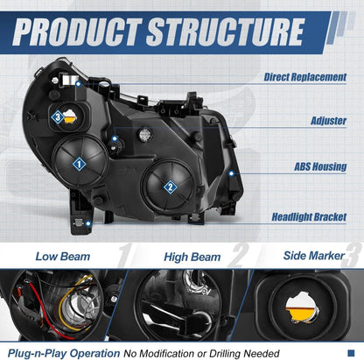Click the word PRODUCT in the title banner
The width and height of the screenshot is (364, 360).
pyautogui.click(x=77, y=32)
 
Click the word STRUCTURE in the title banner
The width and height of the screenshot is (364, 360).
pyautogui.click(x=226, y=32)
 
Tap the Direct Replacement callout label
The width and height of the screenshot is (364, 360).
pyautogui.click(x=305, y=77)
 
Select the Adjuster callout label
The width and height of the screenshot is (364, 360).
pyautogui.click(x=329, y=121)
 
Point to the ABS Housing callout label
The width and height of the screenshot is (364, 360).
pyautogui.click(x=320, y=166)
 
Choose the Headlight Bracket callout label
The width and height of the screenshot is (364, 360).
pyautogui.click(x=309, y=217)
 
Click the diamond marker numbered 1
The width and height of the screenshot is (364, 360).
pyautogui.click(x=79, y=164)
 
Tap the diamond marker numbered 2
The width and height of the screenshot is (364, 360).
pyautogui.click(x=170, y=187)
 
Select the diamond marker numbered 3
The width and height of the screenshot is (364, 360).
pyautogui.click(x=58, y=117)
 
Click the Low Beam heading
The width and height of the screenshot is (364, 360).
pyautogui.click(x=63, y=257)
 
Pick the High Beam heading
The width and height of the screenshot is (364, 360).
pyautogui.click(x=192, y=258)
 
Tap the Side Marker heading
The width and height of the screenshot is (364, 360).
pyautogui.click(x=314, y=256)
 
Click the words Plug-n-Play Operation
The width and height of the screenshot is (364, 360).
pyautogui.click(x=64, y=353)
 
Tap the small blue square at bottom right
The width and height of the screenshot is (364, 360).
pyautogui.click(x=351, y=353)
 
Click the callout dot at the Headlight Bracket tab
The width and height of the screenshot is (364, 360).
pyautogui.click(x=88, y=224)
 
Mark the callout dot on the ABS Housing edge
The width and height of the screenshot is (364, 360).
pyautogui.click(x=231, y=173)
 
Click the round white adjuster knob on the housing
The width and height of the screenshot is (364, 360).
pyautogui.click(x=145, y=134)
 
